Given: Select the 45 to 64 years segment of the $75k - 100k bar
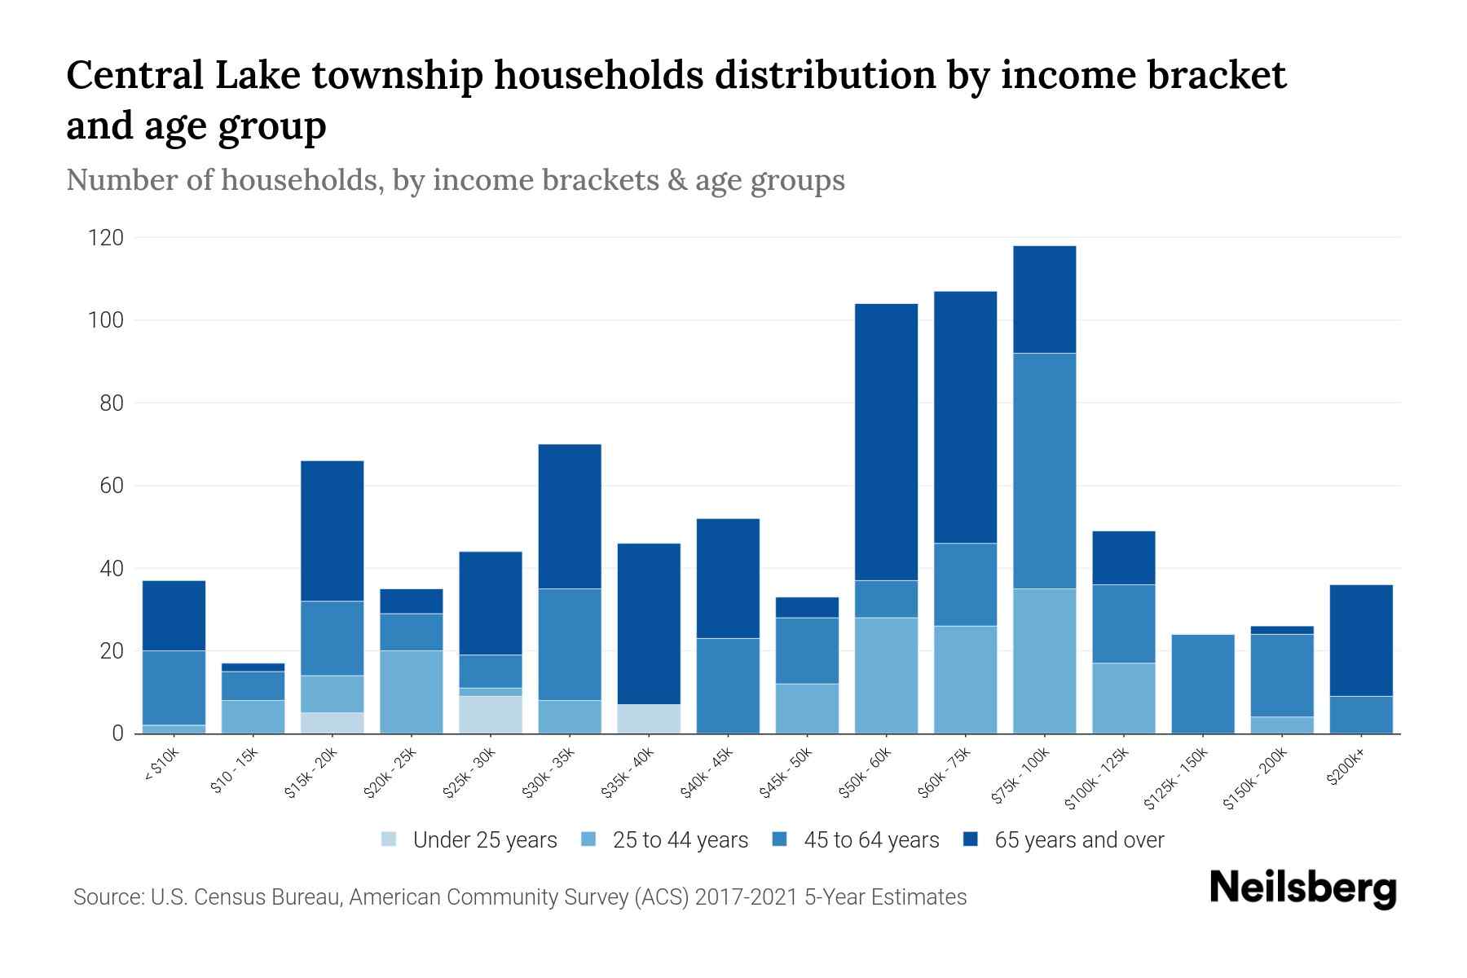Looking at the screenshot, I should point(1044,470).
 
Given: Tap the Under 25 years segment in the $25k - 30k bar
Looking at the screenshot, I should point(491,714).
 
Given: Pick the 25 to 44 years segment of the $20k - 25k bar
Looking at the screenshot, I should point(411,691).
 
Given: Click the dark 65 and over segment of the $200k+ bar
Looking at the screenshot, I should point(1360,640).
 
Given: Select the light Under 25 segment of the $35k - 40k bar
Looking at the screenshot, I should point(649,718).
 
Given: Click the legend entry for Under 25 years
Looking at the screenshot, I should point(469,840).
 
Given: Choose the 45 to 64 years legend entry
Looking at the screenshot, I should point(856,840).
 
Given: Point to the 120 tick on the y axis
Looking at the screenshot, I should point(106,238).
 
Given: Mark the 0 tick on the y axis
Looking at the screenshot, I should point(117,733).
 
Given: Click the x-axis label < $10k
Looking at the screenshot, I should point(161,764).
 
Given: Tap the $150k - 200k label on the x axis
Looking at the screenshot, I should point(1255,778).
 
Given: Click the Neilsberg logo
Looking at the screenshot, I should point(1302,888).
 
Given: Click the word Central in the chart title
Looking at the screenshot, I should point(134,76).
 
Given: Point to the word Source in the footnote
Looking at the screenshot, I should point(108,897).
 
